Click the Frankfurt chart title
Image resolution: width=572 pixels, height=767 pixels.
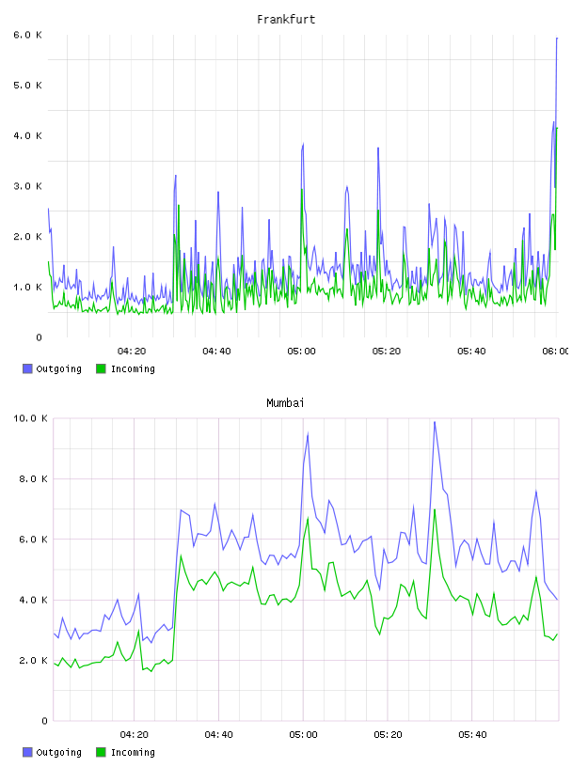click(x=286, y=19)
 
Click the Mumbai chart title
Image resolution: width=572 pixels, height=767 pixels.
click(x=285, y=402)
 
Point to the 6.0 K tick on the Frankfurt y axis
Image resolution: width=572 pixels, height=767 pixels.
click(x=28, y=35)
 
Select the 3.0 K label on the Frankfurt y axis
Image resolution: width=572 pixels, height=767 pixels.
click(x=28, y=186)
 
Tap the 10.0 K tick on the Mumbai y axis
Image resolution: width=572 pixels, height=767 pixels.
click(x=30, y=418)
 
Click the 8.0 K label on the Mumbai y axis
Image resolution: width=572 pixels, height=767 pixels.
click(x=33, y=478)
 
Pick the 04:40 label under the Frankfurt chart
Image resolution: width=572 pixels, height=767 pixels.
click(x=216, y=351)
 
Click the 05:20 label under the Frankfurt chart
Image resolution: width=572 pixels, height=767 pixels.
click(x=387, y=351)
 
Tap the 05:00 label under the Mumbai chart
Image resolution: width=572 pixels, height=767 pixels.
click(x=303, y=734)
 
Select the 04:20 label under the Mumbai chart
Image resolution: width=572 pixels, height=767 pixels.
click(x=134, y=734)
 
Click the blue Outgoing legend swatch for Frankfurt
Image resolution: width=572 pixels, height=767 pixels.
click(x=27, y=368)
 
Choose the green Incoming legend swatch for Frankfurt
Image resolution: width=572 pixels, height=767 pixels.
click(x=101, y=368)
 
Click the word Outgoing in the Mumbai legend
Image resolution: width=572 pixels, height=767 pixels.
click(x=58, y=752)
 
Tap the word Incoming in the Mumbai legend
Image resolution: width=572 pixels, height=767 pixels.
click(x=133, y=752)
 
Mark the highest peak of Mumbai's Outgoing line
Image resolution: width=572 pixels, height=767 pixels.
click(x=435, y=422)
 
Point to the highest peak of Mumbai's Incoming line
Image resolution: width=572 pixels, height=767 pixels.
click(x=435, y=509)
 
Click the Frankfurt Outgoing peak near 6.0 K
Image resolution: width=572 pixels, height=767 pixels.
click(x=557, y=39)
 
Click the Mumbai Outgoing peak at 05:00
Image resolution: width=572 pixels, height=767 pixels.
click(x=308, y=433)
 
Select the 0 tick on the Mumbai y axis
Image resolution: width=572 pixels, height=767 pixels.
click(x=44, y=721)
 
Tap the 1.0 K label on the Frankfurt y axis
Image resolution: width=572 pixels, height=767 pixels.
click(x=28, y=287)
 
